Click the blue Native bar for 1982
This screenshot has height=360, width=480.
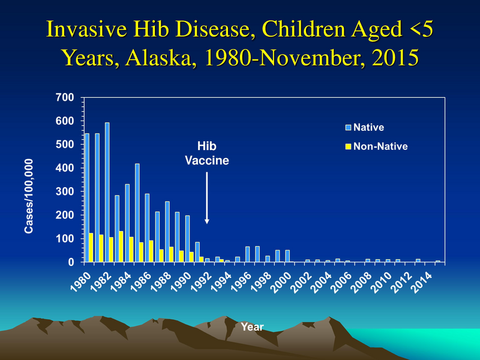(107, 192)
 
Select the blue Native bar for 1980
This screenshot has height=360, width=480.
(87, 198)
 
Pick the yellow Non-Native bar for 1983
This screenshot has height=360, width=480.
(121, 247)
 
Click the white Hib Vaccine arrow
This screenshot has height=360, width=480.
(207, 198)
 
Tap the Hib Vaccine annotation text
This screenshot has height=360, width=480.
(207, 154)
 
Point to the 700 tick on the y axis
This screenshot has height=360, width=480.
(67, 97)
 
